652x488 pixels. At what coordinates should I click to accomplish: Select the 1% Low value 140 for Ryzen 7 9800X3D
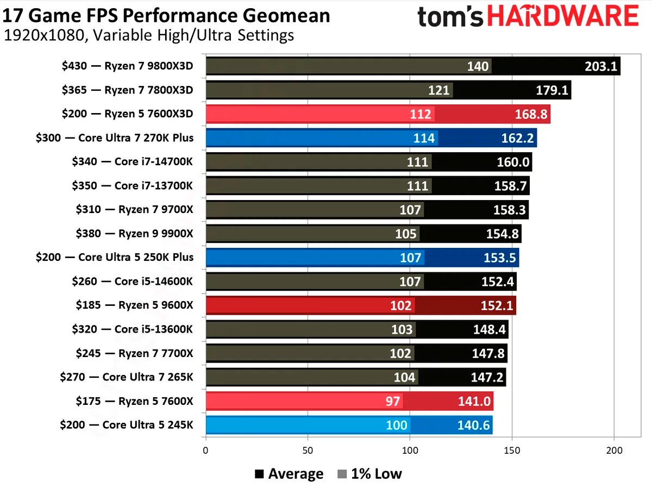point(478,66)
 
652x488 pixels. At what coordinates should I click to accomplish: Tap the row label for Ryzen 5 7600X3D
point(127,114)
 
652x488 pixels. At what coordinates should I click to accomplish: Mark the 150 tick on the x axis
point(512,451)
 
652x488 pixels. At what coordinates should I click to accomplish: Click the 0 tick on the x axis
point(205,451)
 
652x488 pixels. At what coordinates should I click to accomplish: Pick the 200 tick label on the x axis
point(614,451)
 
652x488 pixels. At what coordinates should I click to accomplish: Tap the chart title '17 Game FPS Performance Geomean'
point(166,15)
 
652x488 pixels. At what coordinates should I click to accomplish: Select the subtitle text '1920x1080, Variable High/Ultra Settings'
point(149,36)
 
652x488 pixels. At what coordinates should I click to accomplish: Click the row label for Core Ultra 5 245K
point(126,424)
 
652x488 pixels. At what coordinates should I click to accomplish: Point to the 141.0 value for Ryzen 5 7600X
point(474,402)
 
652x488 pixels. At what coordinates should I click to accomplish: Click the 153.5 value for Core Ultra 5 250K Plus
point(499,257)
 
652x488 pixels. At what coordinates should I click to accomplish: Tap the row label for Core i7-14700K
point(132,161)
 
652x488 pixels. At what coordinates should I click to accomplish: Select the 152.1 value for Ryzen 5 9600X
point(497,305)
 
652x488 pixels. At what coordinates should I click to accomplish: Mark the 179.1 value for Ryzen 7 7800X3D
point(551,90)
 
